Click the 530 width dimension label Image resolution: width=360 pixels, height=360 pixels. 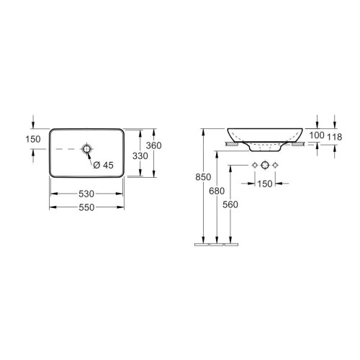tap(86, 194)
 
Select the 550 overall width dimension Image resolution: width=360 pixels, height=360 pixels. tap(86, 207)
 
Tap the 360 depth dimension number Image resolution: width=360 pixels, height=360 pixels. tap(154, 145)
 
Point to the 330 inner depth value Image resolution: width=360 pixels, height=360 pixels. tap(140, 156)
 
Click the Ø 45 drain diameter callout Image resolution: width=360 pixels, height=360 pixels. tap(103, 165)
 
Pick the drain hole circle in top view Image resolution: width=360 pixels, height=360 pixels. tap(86, 149)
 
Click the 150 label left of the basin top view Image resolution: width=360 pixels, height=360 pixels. tap(33, 139)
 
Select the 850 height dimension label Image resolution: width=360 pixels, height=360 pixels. tap(203, 177)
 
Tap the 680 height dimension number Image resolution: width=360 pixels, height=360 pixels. tap(217, 191)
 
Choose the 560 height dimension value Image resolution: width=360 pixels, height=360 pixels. tap(230, 204)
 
